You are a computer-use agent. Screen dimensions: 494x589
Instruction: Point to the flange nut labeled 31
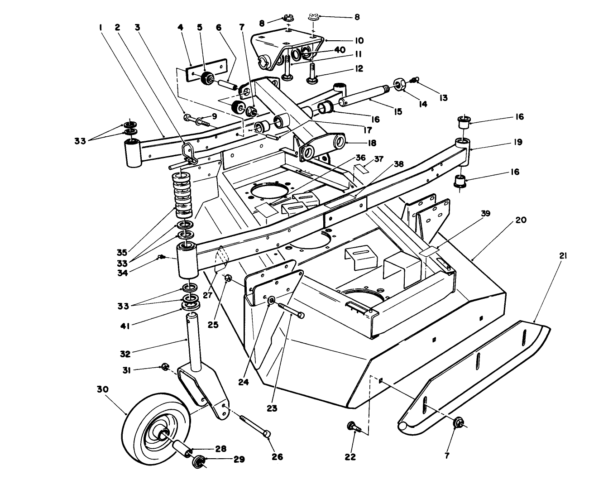pos(165,366)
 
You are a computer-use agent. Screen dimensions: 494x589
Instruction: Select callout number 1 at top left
pos(101,27)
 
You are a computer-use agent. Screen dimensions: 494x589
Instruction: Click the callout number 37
pos(378,159)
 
